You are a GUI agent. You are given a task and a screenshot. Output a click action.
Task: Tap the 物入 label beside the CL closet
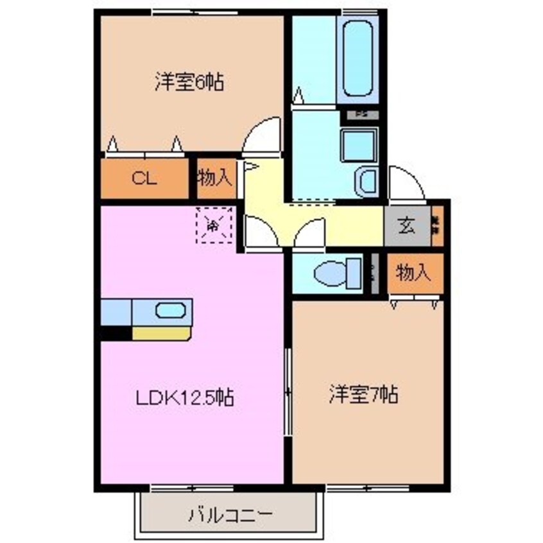pyautogui.click(x=214, y=177)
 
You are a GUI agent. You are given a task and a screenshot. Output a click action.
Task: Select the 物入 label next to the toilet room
pyautogui.click(x=413, y=273)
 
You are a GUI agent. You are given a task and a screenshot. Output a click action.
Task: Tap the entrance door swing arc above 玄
pyautogui.click(x=405, y=184)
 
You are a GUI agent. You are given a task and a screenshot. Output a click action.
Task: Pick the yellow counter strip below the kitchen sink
pyautogui.click(x=161, y=332)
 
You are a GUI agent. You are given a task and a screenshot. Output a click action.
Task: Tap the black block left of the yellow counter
pyautogui.click(x=116, y=332)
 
